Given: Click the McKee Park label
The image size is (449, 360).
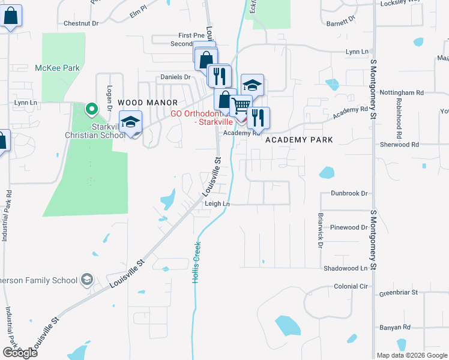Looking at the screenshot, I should [x=57, y=68].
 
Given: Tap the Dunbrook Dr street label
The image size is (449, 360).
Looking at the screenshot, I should [x=349, y=193].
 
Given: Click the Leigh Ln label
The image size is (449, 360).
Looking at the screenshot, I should [x=217, y=204].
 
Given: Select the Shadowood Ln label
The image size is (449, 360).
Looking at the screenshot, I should [x=345, y=268].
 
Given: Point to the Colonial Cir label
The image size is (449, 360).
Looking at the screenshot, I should [x=350, y=286].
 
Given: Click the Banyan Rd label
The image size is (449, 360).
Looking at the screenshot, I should [x=394, y=327].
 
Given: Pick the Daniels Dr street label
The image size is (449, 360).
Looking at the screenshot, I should [x=175, y=77].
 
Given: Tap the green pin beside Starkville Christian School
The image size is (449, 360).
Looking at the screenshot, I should [x=91, y=109].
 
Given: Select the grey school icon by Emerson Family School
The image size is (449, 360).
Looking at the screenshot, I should [x=87, y=280].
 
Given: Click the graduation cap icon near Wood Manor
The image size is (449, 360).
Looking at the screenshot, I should [x=130, y=122].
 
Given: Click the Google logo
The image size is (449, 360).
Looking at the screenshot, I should [x=20, y=353].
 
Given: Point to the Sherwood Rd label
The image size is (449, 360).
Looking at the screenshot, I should [x=399, y=145].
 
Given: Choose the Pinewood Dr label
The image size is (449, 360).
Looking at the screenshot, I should [x=349, y=227].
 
